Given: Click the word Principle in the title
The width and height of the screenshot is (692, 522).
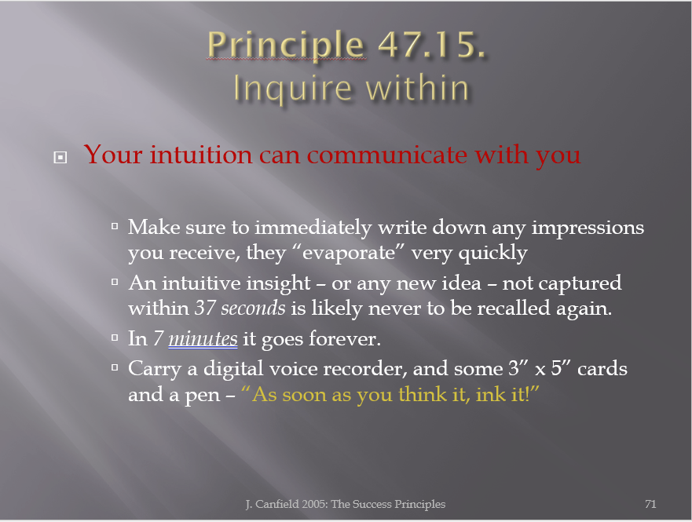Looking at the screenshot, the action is pos(286,46).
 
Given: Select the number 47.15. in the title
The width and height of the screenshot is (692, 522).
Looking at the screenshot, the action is pos(432,44).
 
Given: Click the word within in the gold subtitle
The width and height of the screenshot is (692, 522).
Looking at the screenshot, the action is pos(417,88).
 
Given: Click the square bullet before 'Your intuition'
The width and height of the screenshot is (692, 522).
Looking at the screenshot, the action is pos(60,158).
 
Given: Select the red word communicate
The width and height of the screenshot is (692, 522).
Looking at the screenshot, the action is pos(387,155).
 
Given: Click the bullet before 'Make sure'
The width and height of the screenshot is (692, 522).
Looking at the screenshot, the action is pos(115,227).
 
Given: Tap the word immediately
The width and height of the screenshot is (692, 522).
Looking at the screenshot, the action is pos(313,228).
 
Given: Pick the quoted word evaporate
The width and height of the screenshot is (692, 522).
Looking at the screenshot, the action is pos(349,253).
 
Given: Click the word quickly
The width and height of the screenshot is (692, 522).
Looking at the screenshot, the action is pos(492,253).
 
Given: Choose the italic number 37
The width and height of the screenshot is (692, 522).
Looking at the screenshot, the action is pos(205,308).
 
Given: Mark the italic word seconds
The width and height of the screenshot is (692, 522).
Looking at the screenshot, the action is pos(253,308).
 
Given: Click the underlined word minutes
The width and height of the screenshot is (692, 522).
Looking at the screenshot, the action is pos(203,338).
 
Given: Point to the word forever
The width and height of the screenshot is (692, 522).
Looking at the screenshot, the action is pos(344,338).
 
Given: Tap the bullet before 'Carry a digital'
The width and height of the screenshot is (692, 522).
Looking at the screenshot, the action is pos(115,367).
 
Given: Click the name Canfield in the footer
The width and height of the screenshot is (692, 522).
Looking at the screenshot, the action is pos(276,504).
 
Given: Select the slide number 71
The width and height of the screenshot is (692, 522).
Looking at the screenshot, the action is pos(650,504).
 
